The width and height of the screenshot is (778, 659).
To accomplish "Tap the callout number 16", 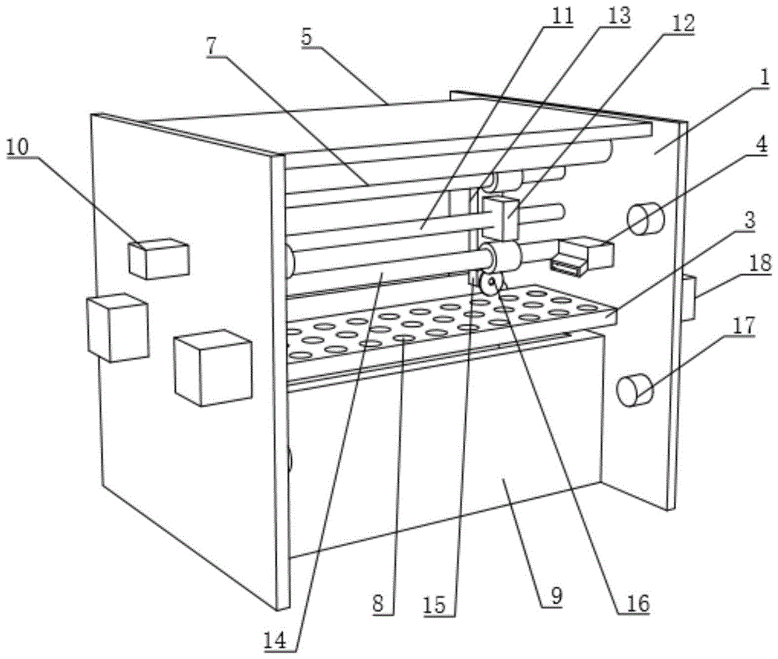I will pos(636,601).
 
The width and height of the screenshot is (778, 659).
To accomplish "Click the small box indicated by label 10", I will pos(159,259).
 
